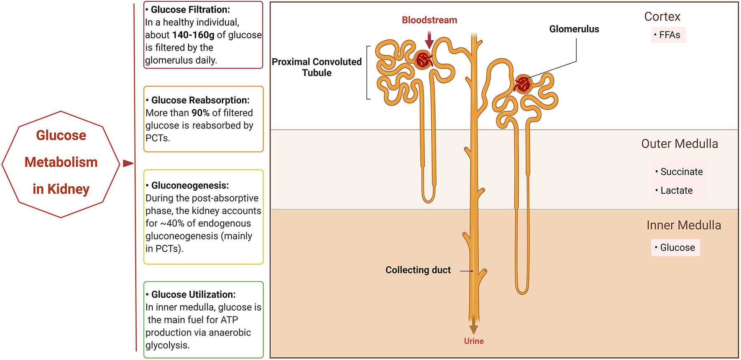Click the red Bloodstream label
tap(429, 20)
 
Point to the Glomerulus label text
tap(574, 29)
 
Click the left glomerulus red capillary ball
tap(424, 60)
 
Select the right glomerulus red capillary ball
tap(523, 84)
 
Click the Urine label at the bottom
tap(473, 341)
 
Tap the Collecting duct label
tap(418, 270)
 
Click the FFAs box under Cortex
tap(668, 35)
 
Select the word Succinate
tap(681, 172)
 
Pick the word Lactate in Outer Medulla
tap(676, 191)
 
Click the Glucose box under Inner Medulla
tap(675, 248)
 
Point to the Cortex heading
tap(662, 17)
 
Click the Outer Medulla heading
tap(679, 144)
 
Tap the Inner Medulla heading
tap(683, 225)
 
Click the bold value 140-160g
tap(193, 35)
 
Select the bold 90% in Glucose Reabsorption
tap(200, 113)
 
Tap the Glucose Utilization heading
tap(193, 294)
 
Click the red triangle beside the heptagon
tap(128, 163)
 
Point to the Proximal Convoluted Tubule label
tap(317, 67)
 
